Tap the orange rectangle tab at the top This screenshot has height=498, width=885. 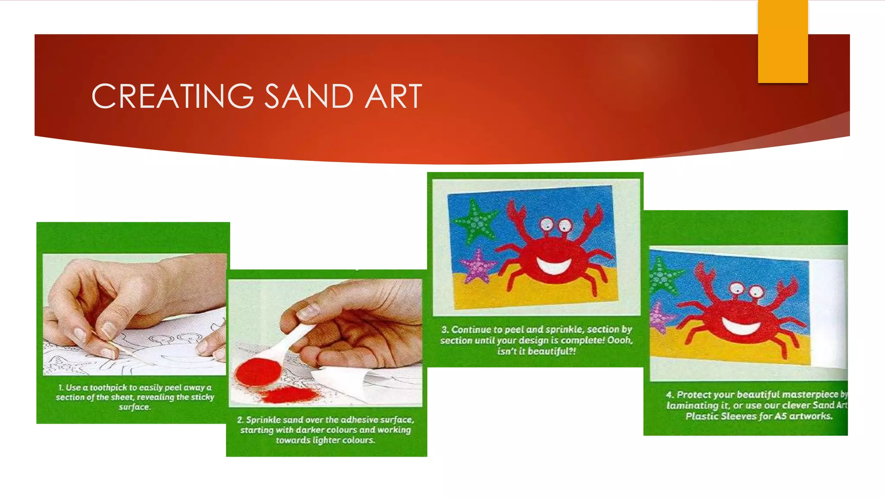tap(783, 41)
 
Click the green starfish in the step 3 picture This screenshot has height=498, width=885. tap(476, 221)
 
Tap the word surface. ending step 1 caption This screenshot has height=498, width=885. tap(134, 407)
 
